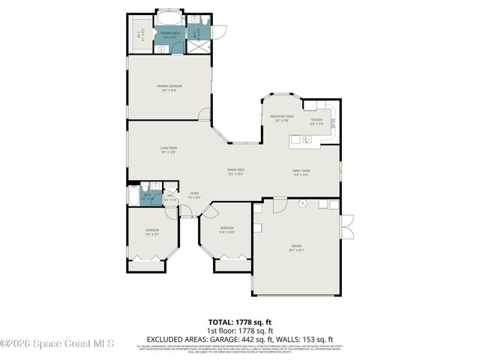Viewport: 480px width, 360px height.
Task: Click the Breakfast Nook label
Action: click(282, 118)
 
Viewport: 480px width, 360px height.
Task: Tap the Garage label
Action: click(296, 247)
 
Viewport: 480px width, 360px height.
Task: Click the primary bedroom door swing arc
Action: click(205, 114)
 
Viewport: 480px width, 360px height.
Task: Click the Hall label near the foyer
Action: click(171, 197)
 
